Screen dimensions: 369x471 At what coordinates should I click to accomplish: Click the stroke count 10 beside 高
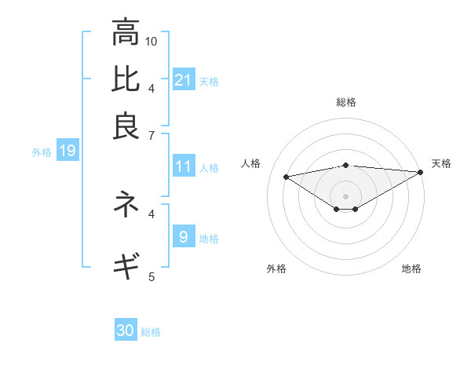[x=152, y=41]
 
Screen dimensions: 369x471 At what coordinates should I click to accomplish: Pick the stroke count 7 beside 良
[x=152, y=136]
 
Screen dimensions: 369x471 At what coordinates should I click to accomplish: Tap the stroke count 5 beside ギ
[x=152, y=276]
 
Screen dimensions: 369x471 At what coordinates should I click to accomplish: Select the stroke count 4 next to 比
[x=152, y=88]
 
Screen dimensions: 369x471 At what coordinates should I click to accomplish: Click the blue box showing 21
[x=184, y=79]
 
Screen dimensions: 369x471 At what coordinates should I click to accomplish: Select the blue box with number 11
[x=184, y=166]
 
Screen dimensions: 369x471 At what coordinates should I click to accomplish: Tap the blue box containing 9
[x=184, y=236]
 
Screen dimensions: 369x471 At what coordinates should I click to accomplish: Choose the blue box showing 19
[x=68, y=151]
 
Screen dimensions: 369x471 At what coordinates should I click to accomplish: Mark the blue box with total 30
[x=126, y=331]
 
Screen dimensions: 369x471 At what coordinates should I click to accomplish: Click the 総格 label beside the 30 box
[x=152, y=332]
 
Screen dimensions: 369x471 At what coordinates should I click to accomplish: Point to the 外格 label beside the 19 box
[x=41, y=152]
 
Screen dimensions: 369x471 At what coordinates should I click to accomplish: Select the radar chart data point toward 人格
[x=286, y=176]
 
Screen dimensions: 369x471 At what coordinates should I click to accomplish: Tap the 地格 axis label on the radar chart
[x=411, y=269]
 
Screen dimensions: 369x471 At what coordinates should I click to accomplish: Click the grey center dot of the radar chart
[x=345, y=195]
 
